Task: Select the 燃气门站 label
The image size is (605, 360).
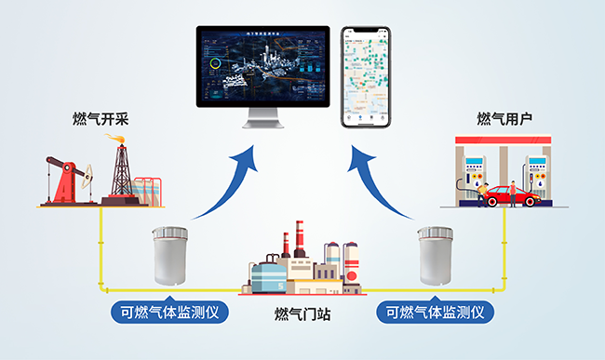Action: pyautogui.click(x=302, y=314)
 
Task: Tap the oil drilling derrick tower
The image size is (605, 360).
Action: pyautogui.click(x=120, y=172)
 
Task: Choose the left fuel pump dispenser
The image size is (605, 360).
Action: pyautogui.click(x=476, y=177)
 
